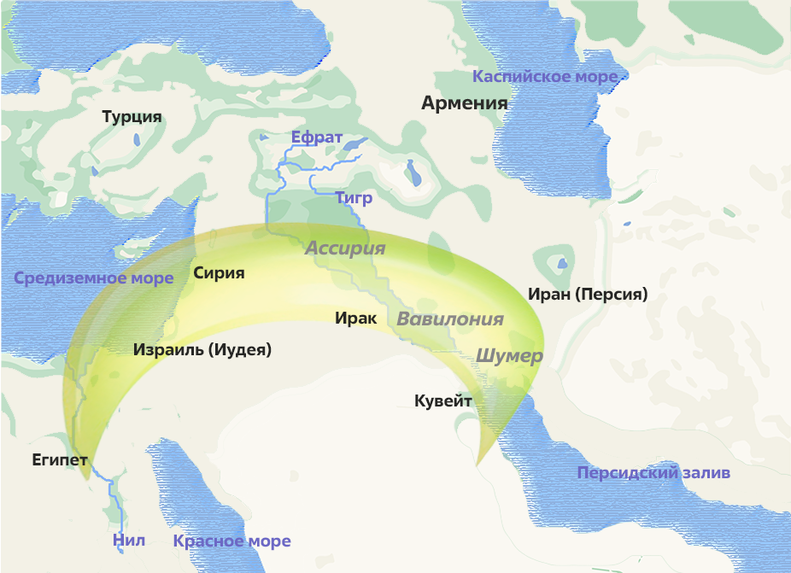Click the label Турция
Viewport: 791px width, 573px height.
(x=132, y=117)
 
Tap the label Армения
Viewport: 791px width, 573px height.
(x=464, y=103)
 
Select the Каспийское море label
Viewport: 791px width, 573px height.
(x=545, y=77)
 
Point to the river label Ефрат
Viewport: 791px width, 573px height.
(x=316, y=137)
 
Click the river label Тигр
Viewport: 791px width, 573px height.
(x=354, y=198)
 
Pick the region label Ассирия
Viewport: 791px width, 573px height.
(x=345, y=248)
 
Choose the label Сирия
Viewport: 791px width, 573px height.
(x=219, y=273)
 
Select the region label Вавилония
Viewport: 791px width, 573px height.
(x=450, y=319)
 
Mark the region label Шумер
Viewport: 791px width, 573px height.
(x=508, y=355)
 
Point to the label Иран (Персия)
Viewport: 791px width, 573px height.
(x=588, y=294)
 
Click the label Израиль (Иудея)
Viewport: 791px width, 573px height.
(x=202, y=349)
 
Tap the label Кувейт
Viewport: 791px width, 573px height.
(x=443, y=400)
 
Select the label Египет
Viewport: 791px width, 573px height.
(x=60, y=459)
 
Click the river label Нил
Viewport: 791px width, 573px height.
(x=129, y=540)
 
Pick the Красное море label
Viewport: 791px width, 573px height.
(x=231, y=541)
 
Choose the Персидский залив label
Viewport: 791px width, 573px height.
(x=653, y=473)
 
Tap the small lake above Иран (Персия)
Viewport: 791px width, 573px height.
(x=562, y=261)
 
